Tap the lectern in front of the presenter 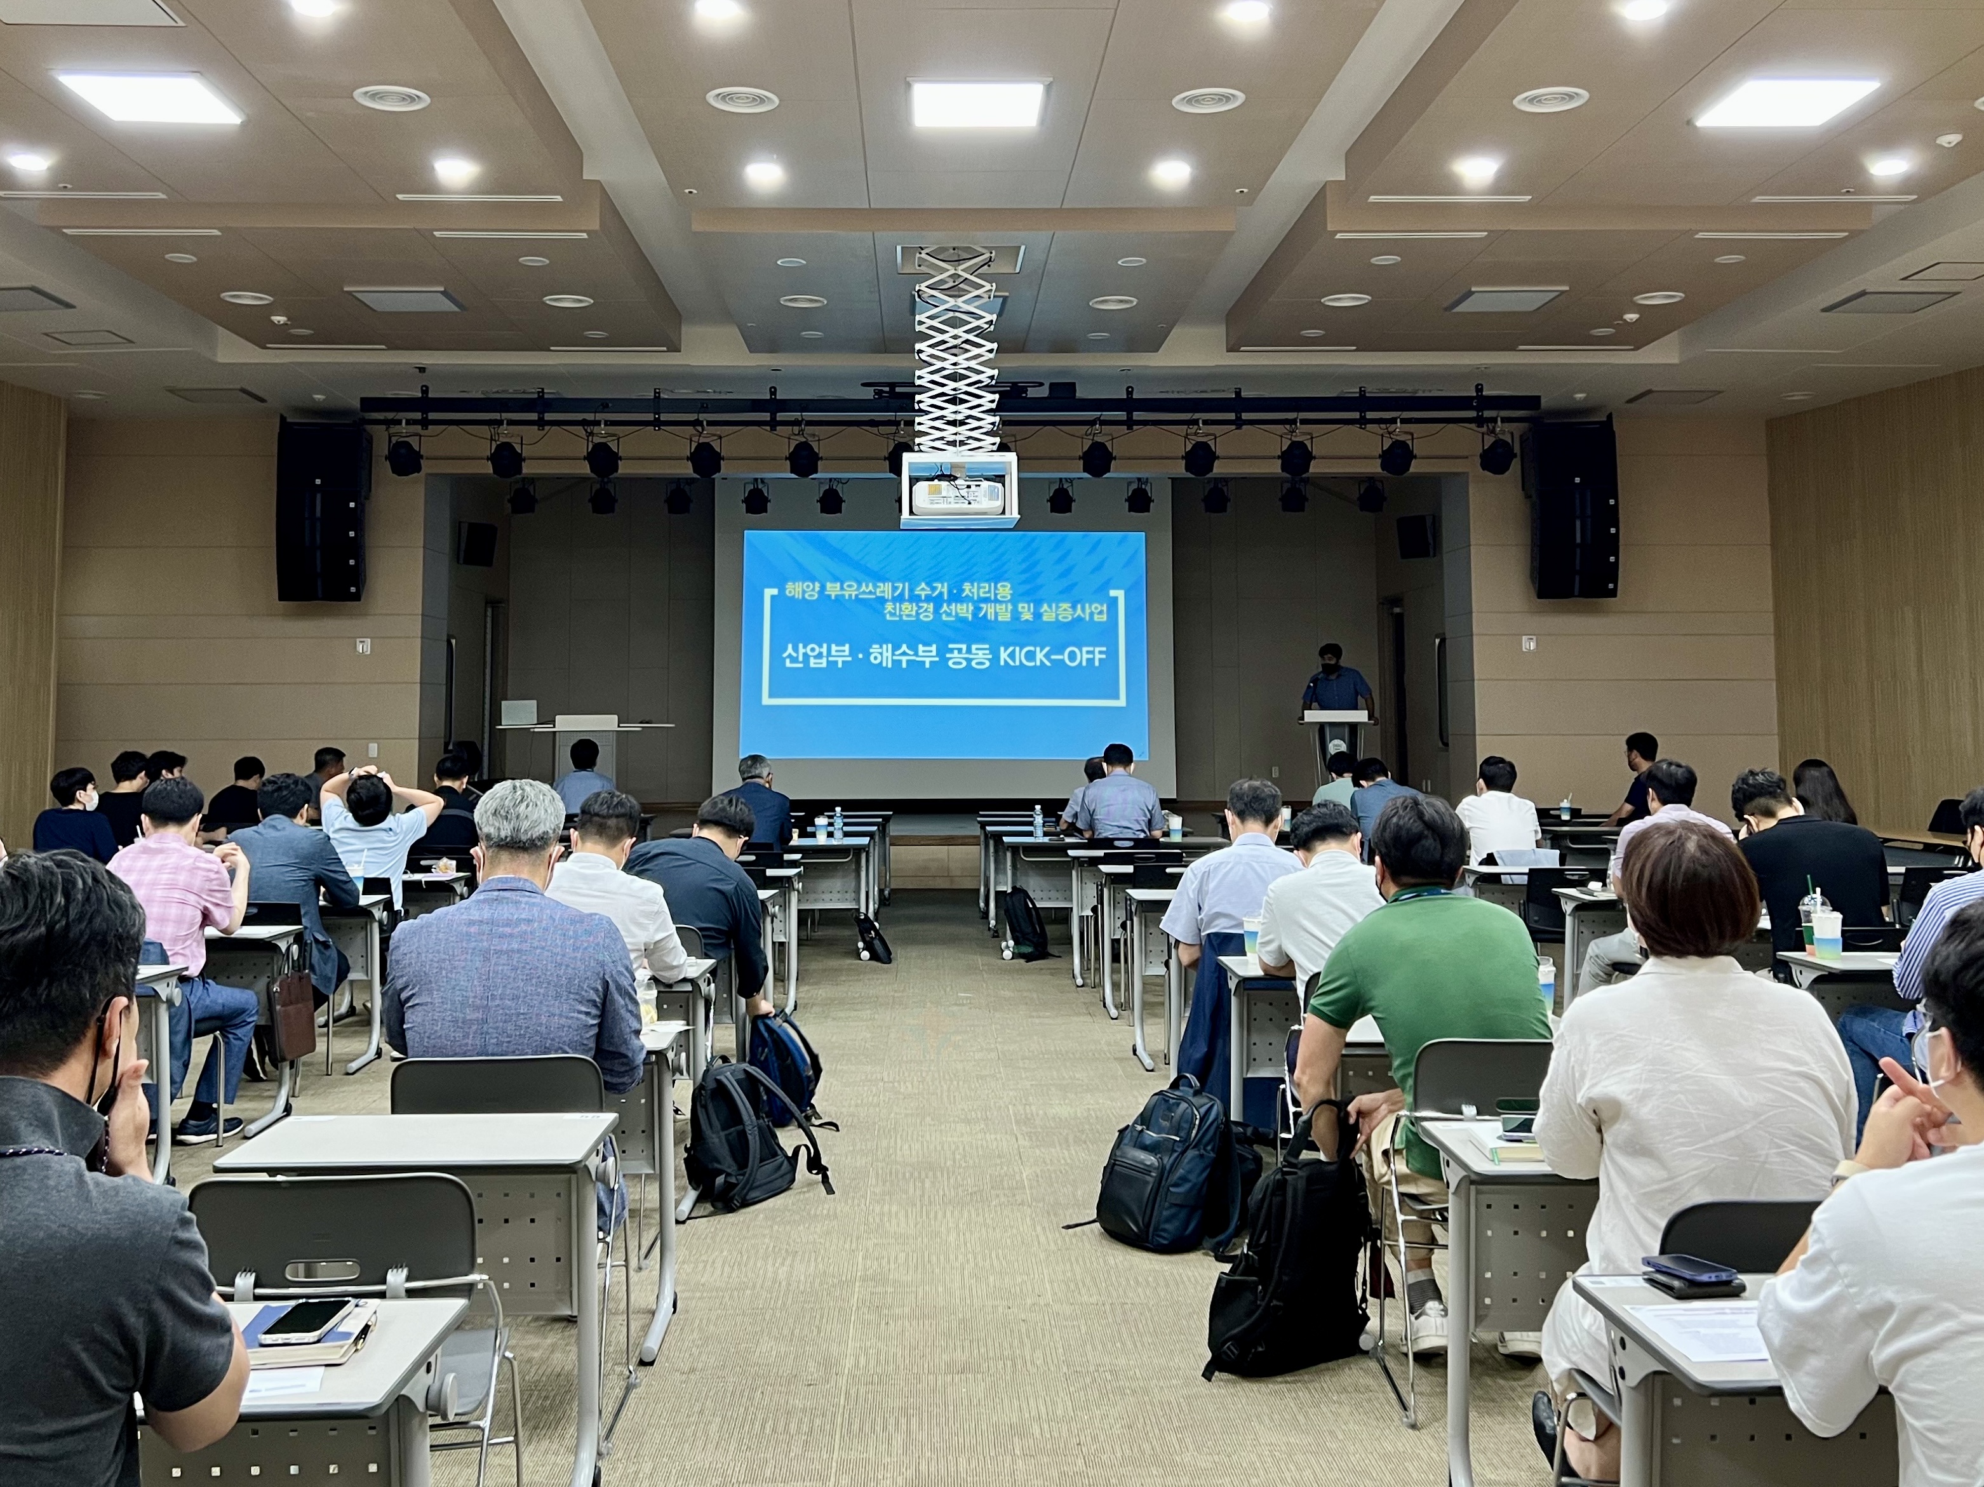pyautogui.click(x=1336, y=744)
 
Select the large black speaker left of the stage pyautogui.click(x=321, y=511)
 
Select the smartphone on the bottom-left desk pyautogui.click(x=307, y=1320)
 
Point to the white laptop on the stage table pyautogui.click(x=518, y=712)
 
